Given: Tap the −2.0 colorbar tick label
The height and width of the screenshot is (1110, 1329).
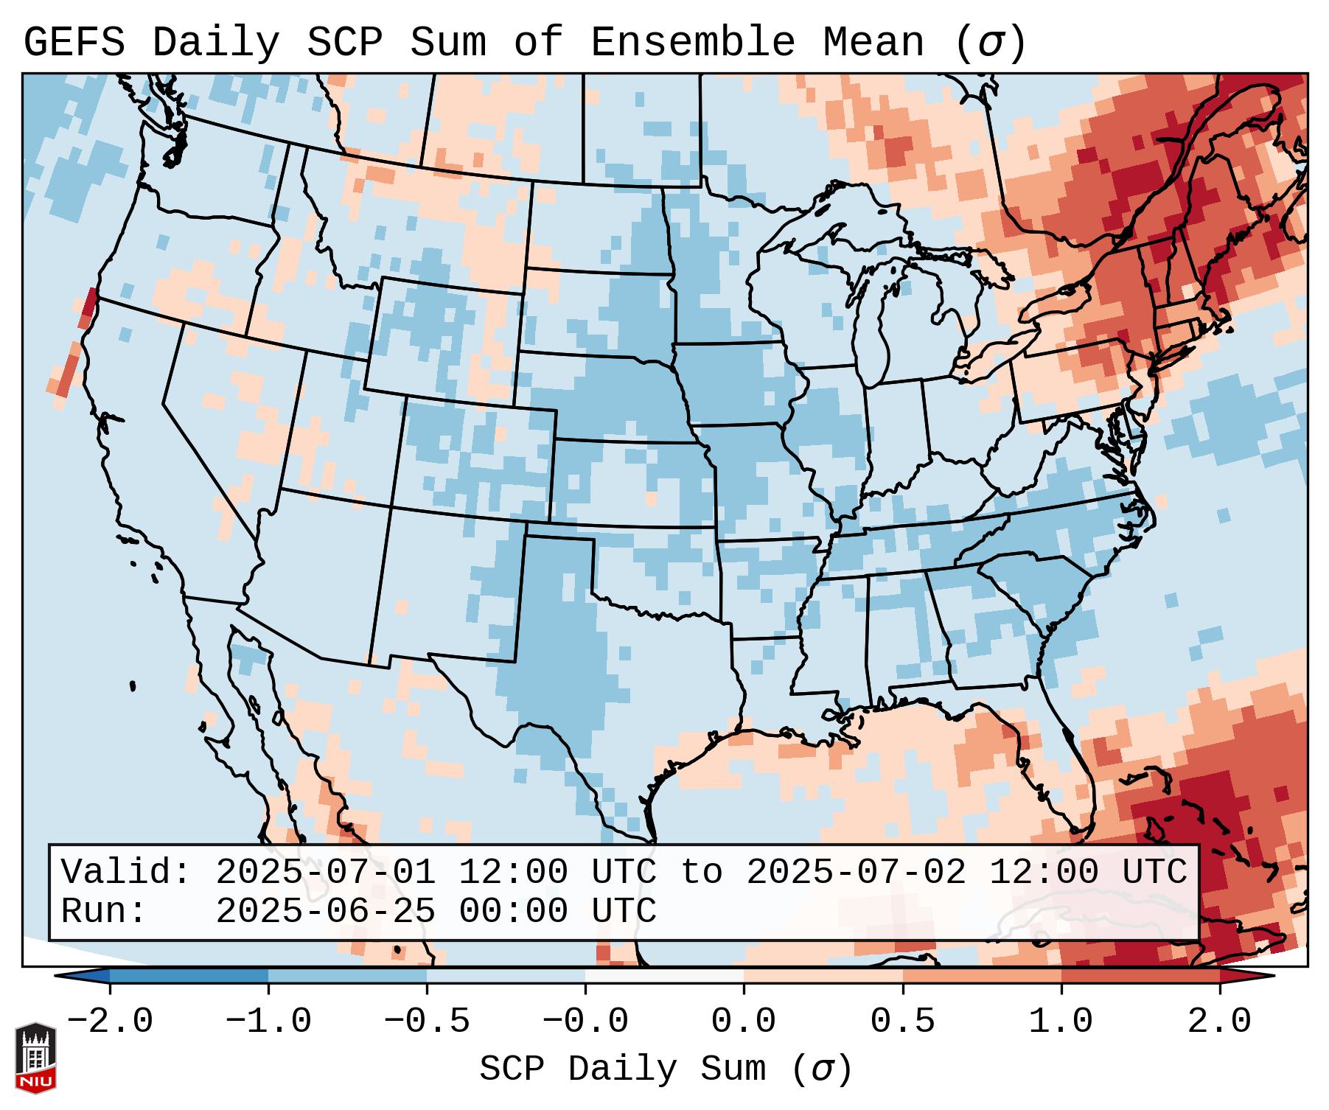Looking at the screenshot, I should (110, 1022).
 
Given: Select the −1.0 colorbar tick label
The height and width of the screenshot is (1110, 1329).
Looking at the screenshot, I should (268, 1022).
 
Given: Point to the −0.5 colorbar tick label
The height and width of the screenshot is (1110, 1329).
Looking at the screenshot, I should (427, 1022).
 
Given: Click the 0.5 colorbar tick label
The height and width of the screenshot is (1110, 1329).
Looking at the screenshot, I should (902, 1022).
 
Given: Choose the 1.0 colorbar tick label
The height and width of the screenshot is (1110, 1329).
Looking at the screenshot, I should (1061, 1022).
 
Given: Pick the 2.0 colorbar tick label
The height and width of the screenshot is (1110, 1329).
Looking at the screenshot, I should (1219, 1022).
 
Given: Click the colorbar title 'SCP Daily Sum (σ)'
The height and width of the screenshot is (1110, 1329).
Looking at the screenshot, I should (665, 1069).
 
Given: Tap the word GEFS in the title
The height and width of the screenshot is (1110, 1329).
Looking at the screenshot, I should (74, 43).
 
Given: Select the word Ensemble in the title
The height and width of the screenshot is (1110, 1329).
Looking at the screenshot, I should (692, 43).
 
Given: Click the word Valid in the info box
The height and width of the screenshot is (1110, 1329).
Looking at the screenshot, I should (125, 873).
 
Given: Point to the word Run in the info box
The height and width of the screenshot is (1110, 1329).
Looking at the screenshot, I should (103, 911).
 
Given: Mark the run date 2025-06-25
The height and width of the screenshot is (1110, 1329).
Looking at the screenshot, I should (325, 911).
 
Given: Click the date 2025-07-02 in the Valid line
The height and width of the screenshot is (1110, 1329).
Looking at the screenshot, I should (856, 873).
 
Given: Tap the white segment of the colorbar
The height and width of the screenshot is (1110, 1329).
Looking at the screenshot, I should (664, 976).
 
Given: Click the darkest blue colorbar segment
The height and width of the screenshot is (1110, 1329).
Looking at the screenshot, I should (189, 976).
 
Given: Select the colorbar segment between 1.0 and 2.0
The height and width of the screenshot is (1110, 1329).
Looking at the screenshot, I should (1140, 976).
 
